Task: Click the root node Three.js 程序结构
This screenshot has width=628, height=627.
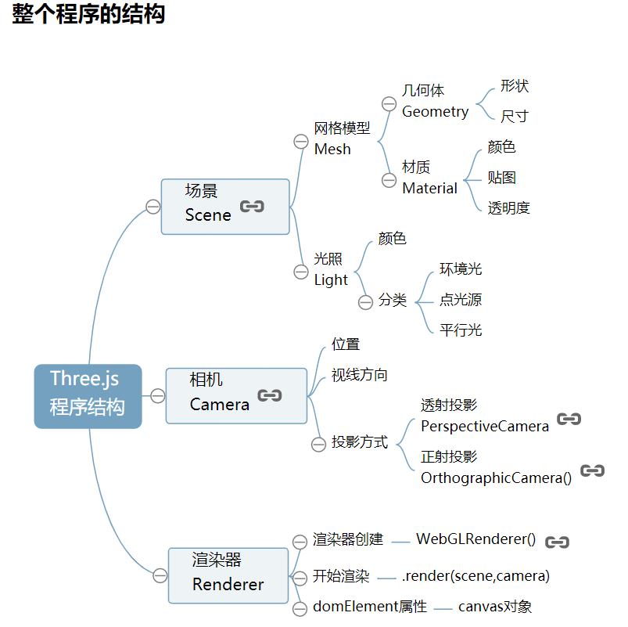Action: tap(88, 396)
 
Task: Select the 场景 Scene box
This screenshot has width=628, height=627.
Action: tap(224, 206)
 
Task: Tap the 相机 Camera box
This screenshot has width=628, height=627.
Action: tap(236, 395)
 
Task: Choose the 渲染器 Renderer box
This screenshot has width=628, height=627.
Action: tap(228, 575)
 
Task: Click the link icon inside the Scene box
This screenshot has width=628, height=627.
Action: tap(252, 207)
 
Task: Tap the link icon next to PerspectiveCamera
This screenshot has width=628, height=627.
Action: tap(569, 420)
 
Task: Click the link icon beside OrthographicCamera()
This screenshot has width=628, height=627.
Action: tap(593, 471)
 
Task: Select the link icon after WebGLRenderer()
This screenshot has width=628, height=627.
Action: tap(557, 542)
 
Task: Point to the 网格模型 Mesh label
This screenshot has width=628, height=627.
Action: tap(342, 139)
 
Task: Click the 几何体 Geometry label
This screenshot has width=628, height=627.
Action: tap(435, 102)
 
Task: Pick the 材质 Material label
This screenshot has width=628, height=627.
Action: tap(429, 178)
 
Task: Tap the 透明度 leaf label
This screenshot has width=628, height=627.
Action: tap(508, 208)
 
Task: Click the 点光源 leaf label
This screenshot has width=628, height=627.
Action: tap(460, 300)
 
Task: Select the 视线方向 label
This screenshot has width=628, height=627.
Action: tap(359, 375)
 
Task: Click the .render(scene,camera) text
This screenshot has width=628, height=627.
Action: tap(475, 576)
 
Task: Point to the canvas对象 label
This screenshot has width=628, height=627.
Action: tap(494, 607)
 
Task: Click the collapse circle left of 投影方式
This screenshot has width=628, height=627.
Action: tap(318, 445)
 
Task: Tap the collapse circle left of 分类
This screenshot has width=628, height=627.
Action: tap(365, 302)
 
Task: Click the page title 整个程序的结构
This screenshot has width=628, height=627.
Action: tap(88, 14)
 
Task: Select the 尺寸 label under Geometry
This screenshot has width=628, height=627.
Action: tap(514, 117)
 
